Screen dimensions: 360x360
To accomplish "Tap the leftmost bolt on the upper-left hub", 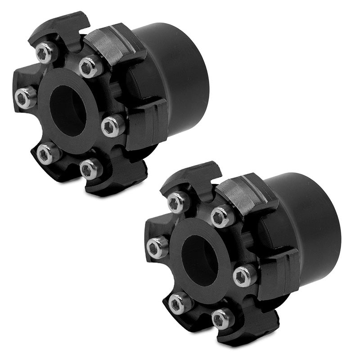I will pos(25,97).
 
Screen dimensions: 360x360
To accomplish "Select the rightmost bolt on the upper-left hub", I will pos(112,126).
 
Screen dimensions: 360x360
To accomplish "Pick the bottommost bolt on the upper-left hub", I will pos(91,169).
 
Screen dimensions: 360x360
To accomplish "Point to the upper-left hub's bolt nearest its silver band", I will pos(90,67).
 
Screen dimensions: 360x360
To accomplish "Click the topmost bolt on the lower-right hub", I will pos(178,202).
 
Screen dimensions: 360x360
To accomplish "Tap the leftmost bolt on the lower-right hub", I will pos(157,247).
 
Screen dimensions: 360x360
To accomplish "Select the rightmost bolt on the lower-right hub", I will pos(245,275).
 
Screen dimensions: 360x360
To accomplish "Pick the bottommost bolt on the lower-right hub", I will pos(223,318).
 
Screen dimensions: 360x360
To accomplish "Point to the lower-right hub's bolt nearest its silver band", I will pos(222,216).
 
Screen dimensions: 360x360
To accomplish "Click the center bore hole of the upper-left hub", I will pos(67,110).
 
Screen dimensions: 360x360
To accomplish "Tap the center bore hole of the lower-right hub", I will pos(200,260).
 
